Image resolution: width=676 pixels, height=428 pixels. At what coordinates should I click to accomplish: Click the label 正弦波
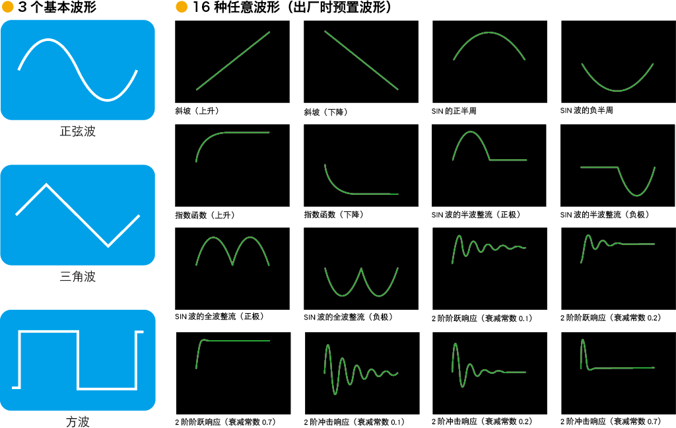point(78,131)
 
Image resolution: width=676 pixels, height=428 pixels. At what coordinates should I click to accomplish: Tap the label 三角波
point(78,276)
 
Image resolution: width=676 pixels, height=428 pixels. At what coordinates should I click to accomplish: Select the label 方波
point(78,421)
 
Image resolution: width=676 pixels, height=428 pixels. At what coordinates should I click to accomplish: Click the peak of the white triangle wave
point(46,185)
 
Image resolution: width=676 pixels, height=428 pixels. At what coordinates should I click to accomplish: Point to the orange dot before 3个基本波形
point(8,7)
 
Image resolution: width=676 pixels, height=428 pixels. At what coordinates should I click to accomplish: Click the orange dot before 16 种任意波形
point(182,7)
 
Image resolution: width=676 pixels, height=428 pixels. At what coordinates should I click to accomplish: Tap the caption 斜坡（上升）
point(197,111)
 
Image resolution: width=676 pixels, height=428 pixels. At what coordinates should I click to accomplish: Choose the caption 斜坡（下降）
point(326,112)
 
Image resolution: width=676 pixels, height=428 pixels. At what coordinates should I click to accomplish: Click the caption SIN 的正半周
point(454,111)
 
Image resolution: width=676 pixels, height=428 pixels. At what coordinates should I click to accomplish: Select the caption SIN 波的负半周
point(587,110)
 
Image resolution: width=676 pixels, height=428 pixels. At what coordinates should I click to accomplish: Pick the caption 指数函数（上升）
point(205,215)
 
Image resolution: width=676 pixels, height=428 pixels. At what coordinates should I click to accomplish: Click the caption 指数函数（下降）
point(334,215)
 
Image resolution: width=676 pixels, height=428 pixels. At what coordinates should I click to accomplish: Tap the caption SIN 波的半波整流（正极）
point(477,215)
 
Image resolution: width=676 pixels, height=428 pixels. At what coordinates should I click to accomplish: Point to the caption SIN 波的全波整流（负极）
point(349,317)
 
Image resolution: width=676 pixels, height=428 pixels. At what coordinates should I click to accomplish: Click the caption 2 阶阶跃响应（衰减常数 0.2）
point(611,318)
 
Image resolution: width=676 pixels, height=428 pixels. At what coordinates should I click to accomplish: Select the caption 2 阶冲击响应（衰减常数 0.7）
point(611,421)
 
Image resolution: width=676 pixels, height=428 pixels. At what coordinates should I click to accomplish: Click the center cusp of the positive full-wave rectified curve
point(232,264)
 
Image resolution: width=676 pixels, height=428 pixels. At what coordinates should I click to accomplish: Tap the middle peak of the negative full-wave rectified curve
point(361,269)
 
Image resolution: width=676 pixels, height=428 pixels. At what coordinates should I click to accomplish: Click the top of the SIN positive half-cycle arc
point(489,32)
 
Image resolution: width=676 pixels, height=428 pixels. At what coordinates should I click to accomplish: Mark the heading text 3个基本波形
point(57,7)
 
